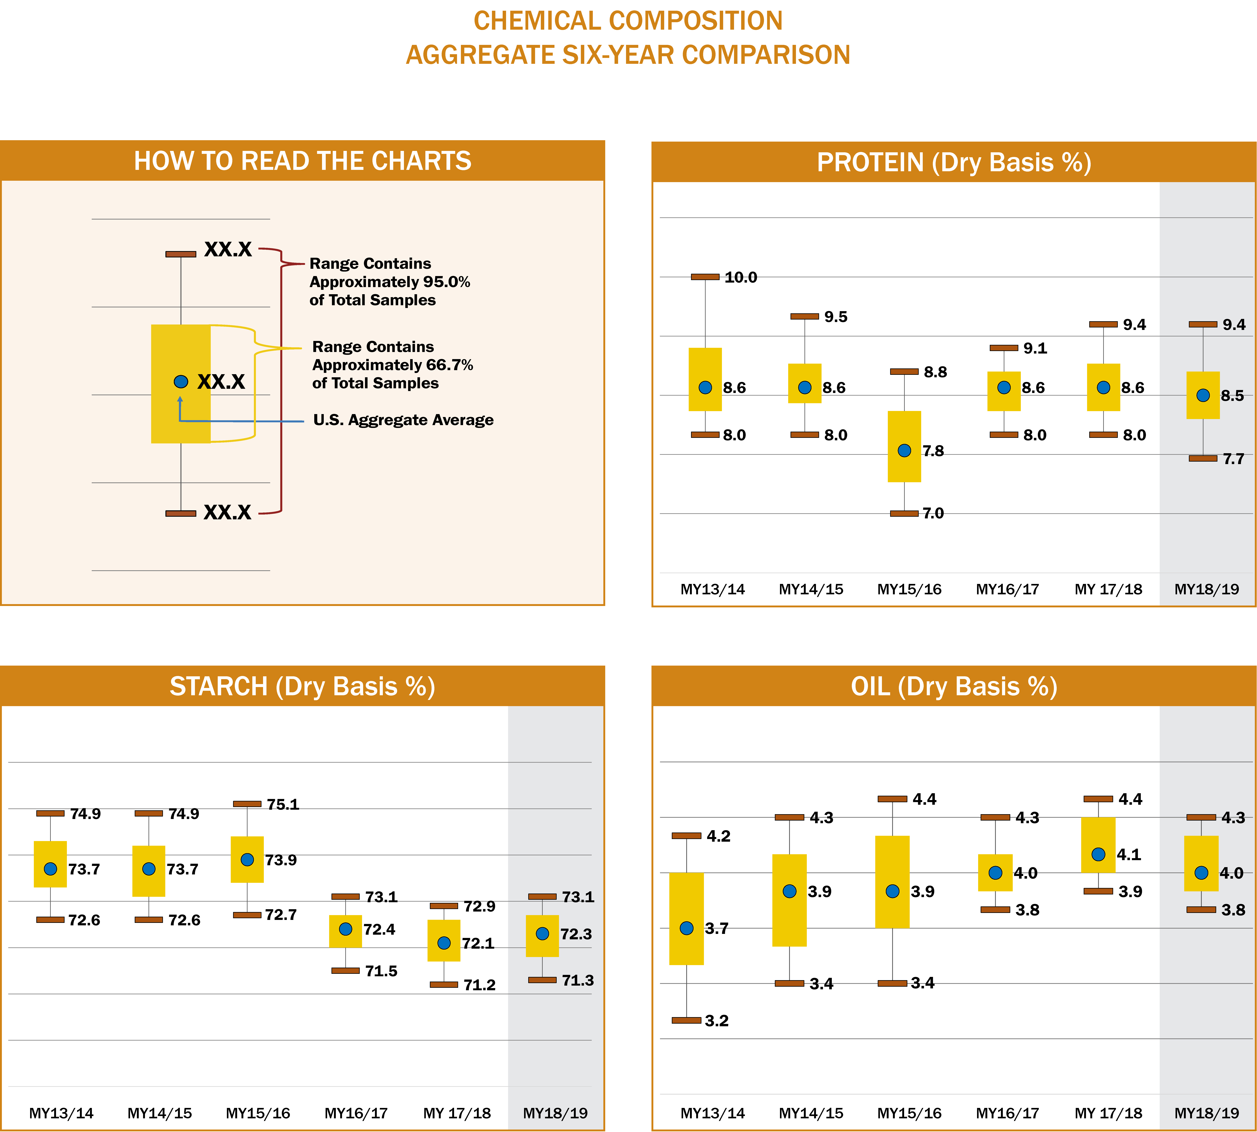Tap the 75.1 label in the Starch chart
283,804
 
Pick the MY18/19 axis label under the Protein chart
1206,589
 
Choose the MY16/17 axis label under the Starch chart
356,1113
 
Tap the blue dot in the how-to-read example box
181,381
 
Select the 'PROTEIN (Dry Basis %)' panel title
954,162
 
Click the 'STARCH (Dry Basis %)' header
302,687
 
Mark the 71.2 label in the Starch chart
479,985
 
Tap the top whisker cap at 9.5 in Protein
804,317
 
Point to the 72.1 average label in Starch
478,944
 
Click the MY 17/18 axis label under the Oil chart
1108,1113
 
